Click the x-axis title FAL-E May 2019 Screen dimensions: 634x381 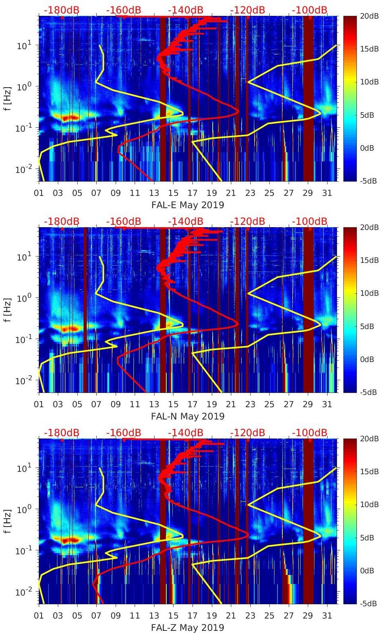click(188, 205)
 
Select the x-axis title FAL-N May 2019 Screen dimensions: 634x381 click(188, 416)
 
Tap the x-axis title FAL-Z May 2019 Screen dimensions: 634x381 click(188, 628)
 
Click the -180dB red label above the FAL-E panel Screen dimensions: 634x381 click(61, 10)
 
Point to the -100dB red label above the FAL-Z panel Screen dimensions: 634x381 click(310, 433)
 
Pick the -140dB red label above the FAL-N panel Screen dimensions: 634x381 click(185, 221)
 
